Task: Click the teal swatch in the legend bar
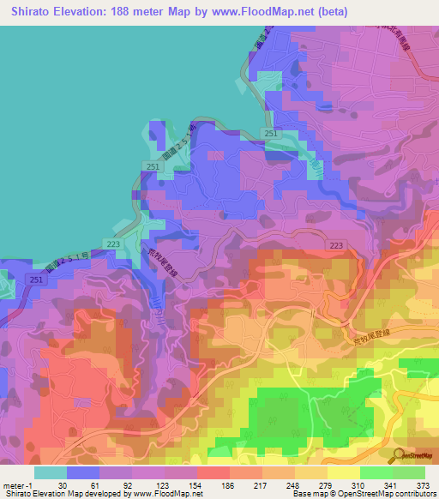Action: (51, 472)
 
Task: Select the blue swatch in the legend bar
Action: (83, 472)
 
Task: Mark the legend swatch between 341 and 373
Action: (409, 472)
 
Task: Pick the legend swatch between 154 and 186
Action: (213, 472)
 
